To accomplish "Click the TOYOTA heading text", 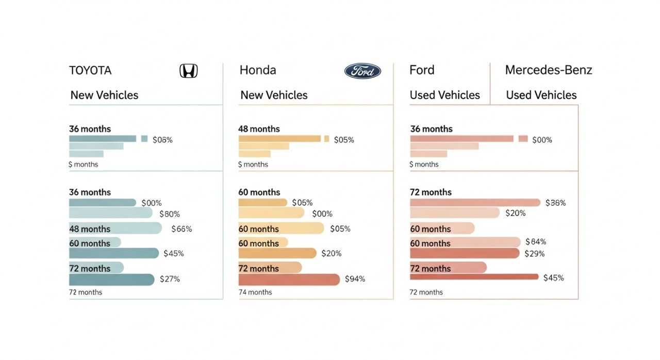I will (x=90, y=70).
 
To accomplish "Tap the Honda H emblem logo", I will (x=189, y=71).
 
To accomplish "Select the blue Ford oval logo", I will (x=362, y=71).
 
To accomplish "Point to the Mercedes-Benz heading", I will (x=549, y=70).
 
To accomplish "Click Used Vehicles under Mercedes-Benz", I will (x=541, y=95).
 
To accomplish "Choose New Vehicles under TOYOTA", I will (x=104, y=95).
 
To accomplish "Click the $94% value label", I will (x=355, y=279).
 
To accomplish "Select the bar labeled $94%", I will (x=289, y=280).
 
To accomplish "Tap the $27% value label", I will (x=170, y=279).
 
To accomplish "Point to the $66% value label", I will (x=181, y=229).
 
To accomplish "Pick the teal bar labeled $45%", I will (x=114, y=253).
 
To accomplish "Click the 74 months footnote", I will (x=255, y=292).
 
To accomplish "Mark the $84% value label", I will (x=536, y=242).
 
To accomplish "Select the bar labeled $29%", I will (x=464, y=253).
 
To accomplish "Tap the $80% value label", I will (x=170, y=214).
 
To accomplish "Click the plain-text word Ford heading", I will (x=422, y=70).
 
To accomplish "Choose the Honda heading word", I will (x=258, y=70).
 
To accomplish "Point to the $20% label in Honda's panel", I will (x=332, y=253).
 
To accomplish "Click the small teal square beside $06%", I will (x=144, y=139).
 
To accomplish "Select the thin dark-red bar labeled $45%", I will (x=474, y=277).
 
